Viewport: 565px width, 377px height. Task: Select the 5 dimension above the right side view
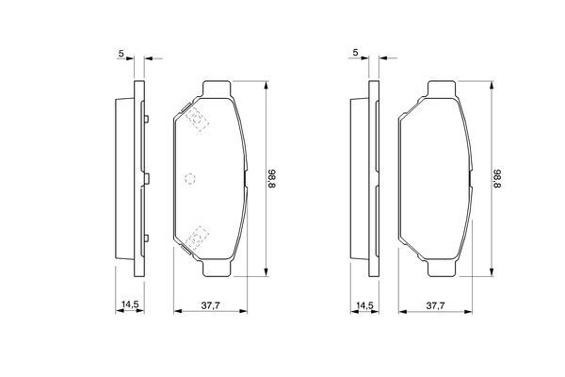(355, 52)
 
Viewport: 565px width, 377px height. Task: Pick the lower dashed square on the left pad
(196, 238)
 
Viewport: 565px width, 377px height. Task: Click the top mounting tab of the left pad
(217, 90)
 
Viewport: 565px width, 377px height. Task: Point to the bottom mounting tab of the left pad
(217, 269)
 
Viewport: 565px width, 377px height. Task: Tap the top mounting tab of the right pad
(443, 90)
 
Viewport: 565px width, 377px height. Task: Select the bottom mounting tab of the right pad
(443, 269)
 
